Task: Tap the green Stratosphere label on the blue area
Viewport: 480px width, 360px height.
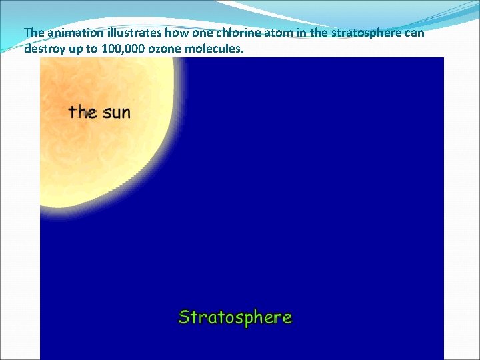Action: point(235,317)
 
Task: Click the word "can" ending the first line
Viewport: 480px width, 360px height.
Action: point(414,33)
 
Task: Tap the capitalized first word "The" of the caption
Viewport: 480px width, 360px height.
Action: point(33,33)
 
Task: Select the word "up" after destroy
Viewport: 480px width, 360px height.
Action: point(75,49)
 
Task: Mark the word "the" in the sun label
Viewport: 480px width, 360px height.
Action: point(83,111)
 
